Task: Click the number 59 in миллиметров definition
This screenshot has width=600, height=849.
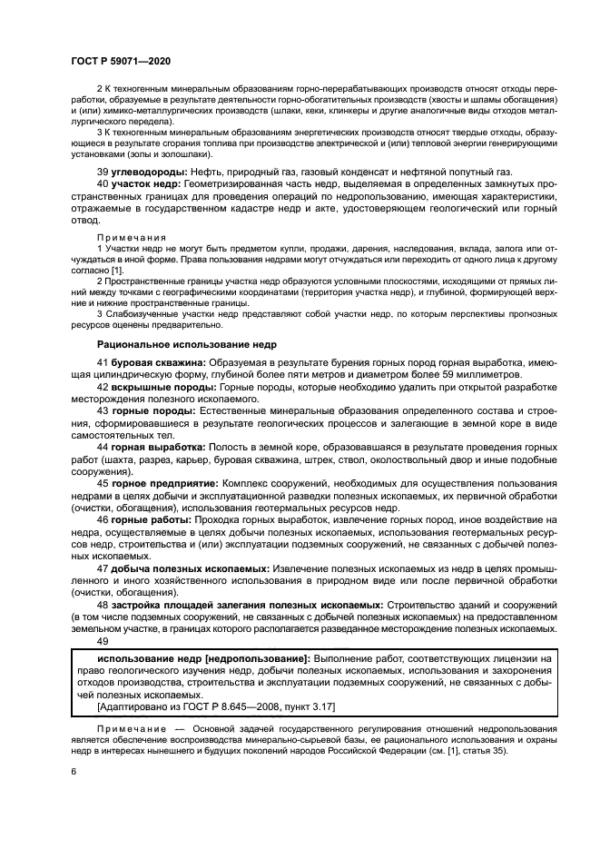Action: [x=453, y=374]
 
